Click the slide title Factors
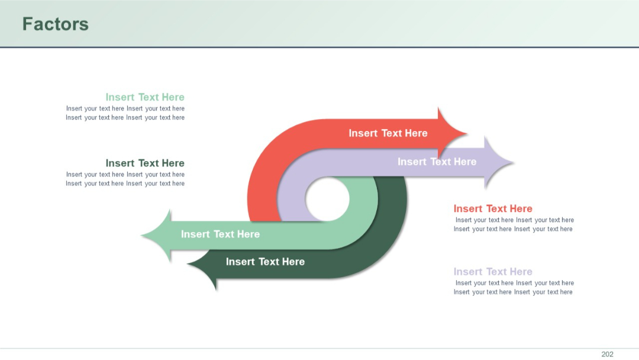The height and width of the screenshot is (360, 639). [55, 24]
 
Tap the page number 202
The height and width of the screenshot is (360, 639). [607, 354]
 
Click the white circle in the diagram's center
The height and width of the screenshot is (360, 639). [327, 199]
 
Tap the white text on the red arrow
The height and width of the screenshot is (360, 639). [388, 133]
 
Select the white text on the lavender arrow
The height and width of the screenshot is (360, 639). [437, 162]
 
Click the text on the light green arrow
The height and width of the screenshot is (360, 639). [220, 234]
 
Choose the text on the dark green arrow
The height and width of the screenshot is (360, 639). [265, 262]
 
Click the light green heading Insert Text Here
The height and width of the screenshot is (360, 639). [145, 97]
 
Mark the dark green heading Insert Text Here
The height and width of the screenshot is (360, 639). [145, 163]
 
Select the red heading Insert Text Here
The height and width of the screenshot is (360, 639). [493, 208]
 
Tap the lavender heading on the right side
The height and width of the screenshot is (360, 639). [493, 272]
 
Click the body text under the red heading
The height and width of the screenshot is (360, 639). [514, 224]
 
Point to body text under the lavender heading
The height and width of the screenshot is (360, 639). [514, 287]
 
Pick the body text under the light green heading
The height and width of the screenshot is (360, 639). [125, 113]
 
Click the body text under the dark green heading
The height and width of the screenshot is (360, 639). [125, 179]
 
